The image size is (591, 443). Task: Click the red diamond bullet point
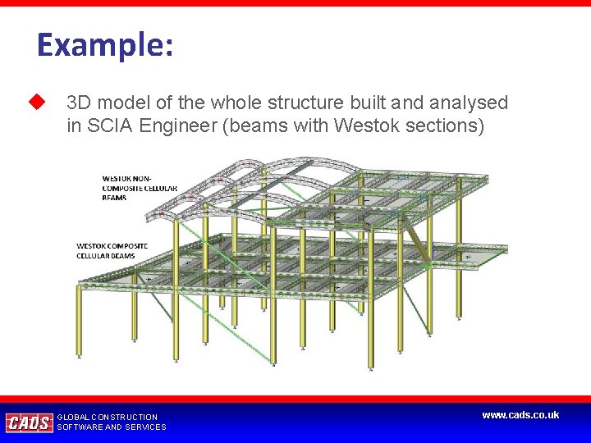(35, 103)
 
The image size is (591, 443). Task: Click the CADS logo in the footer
(29, 422)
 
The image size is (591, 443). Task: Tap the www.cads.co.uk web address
(520, 415)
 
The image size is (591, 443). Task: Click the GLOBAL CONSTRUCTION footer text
(108, 417)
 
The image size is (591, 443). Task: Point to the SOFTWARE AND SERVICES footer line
(112, 427)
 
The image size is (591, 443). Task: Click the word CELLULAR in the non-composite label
(159, 188)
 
